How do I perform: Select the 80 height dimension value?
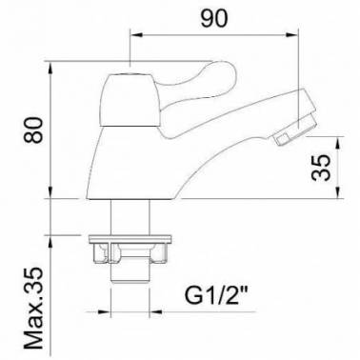pos(32,130)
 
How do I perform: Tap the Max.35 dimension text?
pos(32,309)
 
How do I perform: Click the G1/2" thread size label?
pos(216,296)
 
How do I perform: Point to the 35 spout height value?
pos(320,168)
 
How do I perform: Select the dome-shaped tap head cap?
pos(130,100)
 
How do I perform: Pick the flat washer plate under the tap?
pos(130,238)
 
